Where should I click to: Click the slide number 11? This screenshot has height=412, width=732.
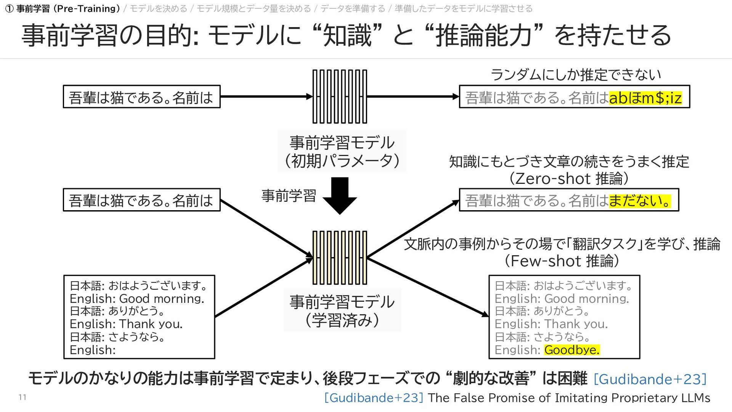[x=22, y=397]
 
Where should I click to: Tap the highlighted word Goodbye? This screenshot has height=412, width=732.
[x=571, y=349]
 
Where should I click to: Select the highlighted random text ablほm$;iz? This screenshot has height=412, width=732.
[x=645, y=98]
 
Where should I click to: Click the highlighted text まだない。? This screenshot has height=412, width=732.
[x=640, y=201]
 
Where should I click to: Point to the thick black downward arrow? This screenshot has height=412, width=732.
[x=340, y=195]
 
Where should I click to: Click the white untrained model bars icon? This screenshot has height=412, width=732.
[x=340, y=97]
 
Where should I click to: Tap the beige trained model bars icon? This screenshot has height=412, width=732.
[x=340, y=257]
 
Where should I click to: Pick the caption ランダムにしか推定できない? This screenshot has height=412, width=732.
[x=575, y=75]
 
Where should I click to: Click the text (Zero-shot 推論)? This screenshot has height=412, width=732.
[x=569, y=179]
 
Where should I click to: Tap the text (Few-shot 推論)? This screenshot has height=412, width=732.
[x=562, y=261]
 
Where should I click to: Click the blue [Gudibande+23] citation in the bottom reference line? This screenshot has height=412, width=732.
[x=374, y=398]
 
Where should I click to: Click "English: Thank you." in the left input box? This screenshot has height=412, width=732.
[x=126, y=324]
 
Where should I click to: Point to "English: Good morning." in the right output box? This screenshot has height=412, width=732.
[x=562, y=298]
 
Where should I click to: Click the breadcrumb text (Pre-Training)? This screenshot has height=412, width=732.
[x=87, y=8]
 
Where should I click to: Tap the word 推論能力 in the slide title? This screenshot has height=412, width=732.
[x=483, y=35]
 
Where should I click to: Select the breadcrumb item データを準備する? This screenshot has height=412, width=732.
[x=353, y=8]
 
